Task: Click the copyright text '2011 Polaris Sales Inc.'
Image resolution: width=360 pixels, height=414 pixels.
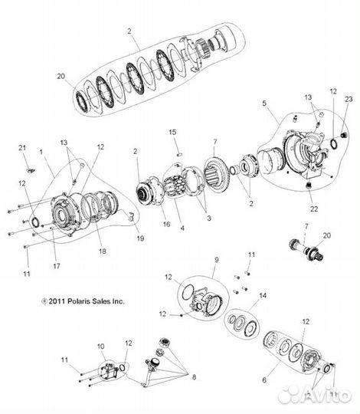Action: pyautogui.click(x=83, y=301)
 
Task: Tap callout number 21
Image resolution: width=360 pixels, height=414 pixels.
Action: pyautogui.click(x=22, y=148)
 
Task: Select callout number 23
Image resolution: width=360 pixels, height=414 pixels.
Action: pyautogui.click(x=349, y=99)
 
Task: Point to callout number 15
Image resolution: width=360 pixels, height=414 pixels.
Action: pyautogui.click(x=172, y=132)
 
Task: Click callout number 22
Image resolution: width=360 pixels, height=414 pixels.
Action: pyautogui.click(x=314, y=209)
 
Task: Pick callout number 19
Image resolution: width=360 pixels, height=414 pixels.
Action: pyautogui.click(x=141, y=238)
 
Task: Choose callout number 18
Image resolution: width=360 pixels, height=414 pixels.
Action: pyautogui.click(x=103, y=251)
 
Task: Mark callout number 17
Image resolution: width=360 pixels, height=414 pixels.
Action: pyautogui.click(x=57, y=266)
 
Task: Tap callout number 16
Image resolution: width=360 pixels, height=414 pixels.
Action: pyautogui.click(x=166, y=224)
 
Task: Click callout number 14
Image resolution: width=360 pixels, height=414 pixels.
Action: pyautogui.click(x=263, y=295)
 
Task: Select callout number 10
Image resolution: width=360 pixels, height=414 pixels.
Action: pyautogui.click(x=101, y=346)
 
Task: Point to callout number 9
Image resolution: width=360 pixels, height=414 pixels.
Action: pyautogui.click(x=217, y=260)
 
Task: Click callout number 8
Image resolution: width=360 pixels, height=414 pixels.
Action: pyautogui.click(x=194, y=377)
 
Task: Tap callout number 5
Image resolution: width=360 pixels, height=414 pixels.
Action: pyautogui.click(x=264, y=103)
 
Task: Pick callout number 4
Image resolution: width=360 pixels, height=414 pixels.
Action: pyautogui.click(x=182, y=228)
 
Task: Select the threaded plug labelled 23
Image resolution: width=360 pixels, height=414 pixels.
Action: pyautogui.click(x=344, y=136)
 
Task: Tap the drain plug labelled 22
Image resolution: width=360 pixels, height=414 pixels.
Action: pyautogui.click(x=309, y=185)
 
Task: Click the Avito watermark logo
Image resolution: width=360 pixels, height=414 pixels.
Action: pyautogui.click(x=316, y=395)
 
